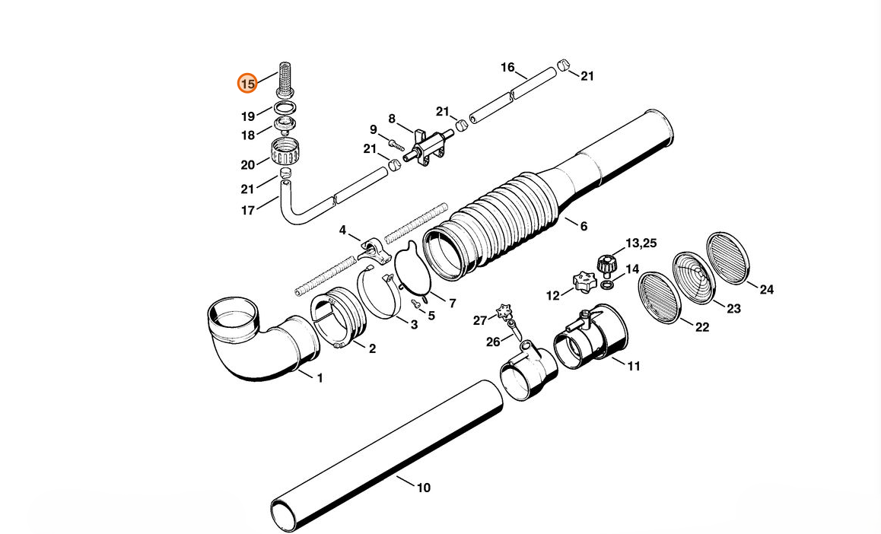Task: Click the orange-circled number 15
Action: [247, 83]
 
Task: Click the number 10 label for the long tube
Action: [423, 487]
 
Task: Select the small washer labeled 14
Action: [608, 284]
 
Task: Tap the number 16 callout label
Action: [507, 68]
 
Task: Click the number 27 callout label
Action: [479, 320]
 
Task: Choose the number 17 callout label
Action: [248, 211]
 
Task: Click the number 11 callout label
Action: [634, 366]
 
